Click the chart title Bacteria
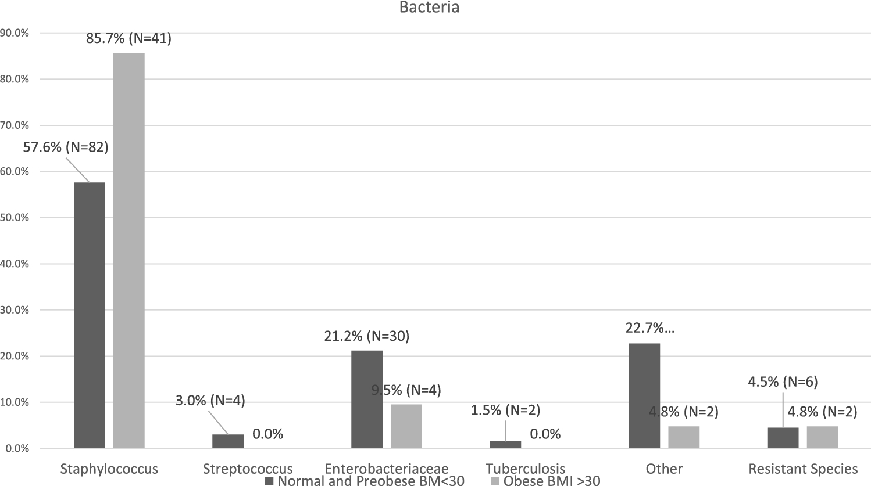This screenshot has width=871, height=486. (x=429, y=8)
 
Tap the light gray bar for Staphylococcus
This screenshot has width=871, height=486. (x=129, y=250)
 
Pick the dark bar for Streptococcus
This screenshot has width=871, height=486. (x=228, y=441)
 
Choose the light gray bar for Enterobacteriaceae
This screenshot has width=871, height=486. (x=406, y=426)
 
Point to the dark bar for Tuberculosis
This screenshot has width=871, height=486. (x=505, y=445)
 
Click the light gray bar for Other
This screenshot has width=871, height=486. (x=684, y=437)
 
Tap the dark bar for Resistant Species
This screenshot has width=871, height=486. (x=783, y=438)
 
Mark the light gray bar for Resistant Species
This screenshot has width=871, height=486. (x=822, y=437)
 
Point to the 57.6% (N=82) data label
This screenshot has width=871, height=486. (x=66, y=147)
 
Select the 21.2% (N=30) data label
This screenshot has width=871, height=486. (x=366, y=336)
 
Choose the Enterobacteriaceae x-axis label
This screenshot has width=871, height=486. (x=387, y=469)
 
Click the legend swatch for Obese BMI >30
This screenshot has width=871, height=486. (x=495, y=481)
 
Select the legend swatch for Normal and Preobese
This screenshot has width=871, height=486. (x=269, y=481)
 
